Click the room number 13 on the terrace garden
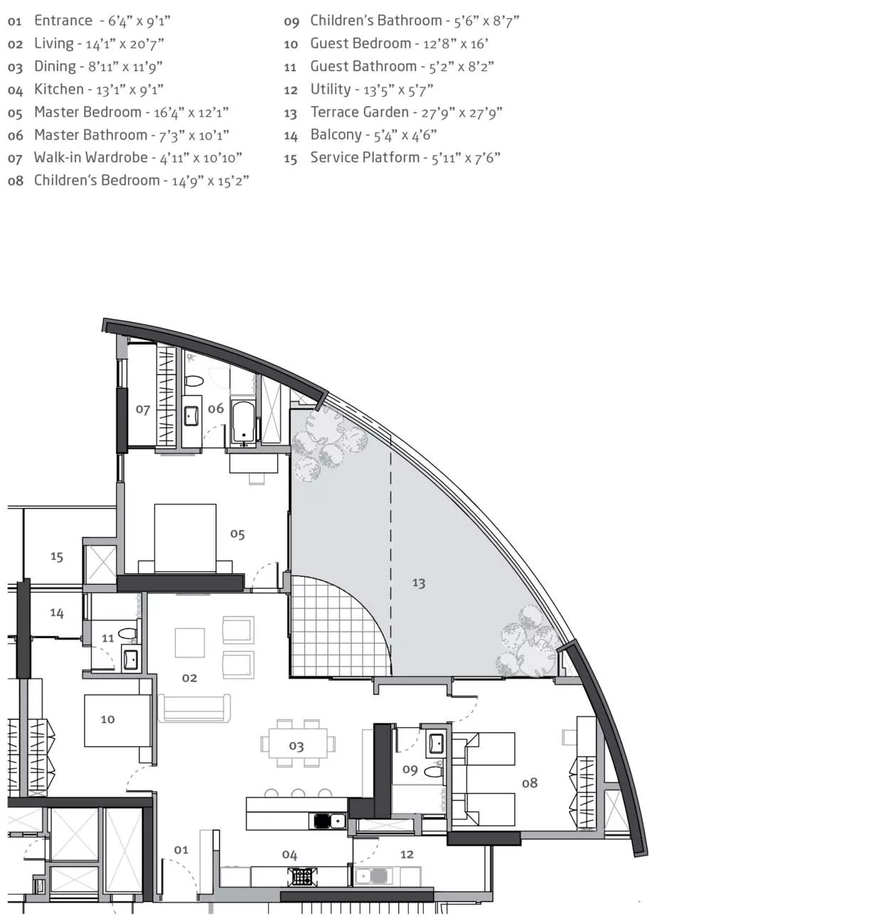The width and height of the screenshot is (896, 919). (x=418, y=583)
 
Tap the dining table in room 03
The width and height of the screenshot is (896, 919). (x=297, y=743)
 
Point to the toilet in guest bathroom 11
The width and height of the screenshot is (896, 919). (x=127, y=633)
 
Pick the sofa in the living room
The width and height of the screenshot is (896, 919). (x=194, y=708)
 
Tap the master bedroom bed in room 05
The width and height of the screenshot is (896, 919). (x=185, y=538)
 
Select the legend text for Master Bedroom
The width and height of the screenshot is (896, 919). (x=118, y=112)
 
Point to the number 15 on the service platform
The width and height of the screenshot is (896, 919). (x=57, y=556)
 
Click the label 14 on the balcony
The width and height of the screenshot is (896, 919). (x=57, y=612)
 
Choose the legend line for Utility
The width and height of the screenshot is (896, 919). (x=358, y=90)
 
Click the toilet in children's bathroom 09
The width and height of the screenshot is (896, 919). (x=433, y=771)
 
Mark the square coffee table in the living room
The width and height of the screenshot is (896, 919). (x=189, y=642)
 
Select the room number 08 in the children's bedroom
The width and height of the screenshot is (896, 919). (x=529, y=783)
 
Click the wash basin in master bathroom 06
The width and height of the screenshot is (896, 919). (x=191, y=416)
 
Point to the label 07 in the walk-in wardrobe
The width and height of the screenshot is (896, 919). (x=142, y=409)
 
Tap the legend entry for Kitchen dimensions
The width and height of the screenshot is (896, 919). (x=85, y=90)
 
